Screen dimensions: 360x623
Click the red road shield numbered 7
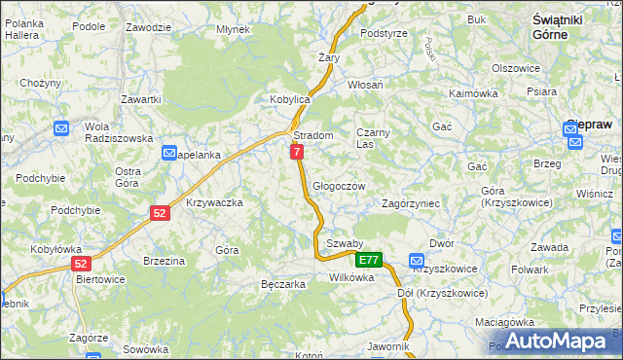(296, 152)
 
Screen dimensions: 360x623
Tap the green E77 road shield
(368, 260)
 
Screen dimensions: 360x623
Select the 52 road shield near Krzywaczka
(159, 212)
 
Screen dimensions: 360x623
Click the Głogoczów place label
(339, 186)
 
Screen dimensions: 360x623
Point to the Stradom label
(313, 135)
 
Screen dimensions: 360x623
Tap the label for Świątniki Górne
(565, 26)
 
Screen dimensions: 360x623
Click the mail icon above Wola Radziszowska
(61, 127)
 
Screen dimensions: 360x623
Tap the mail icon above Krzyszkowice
(417, 260)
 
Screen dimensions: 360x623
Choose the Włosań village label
(366, 85)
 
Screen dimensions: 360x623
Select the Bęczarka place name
(283, 284)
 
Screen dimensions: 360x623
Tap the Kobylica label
(289, 99)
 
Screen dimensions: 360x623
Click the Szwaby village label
(345, 243)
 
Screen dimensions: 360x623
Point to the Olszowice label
(516, 68)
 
